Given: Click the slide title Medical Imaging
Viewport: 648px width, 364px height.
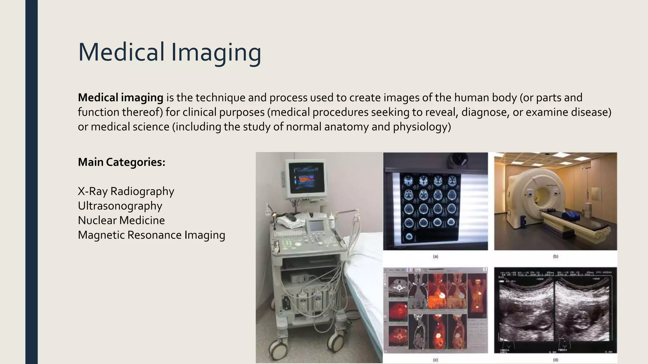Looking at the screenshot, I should [170, 52].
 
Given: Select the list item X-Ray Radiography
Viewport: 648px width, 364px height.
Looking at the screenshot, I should [126, 191].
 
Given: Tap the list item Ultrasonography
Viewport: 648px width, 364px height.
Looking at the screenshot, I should [120, 206].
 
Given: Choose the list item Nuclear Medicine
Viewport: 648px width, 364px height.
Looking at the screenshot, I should [121, 220].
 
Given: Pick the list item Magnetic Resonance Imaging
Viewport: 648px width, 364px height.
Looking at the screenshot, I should [151, 235].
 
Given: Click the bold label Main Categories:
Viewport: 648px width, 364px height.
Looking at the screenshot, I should [121, 162].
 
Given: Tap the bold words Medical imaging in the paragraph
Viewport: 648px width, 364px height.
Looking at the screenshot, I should [121, 98].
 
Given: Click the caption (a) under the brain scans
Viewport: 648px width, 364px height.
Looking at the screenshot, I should [435, 257].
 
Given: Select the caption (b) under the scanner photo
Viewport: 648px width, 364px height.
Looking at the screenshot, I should [555, 257].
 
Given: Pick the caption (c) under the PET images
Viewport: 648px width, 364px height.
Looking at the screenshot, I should [435, 360].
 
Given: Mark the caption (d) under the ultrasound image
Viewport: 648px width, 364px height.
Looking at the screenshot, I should [555, 360].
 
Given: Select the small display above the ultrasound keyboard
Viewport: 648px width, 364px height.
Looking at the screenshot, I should [315, 226].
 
